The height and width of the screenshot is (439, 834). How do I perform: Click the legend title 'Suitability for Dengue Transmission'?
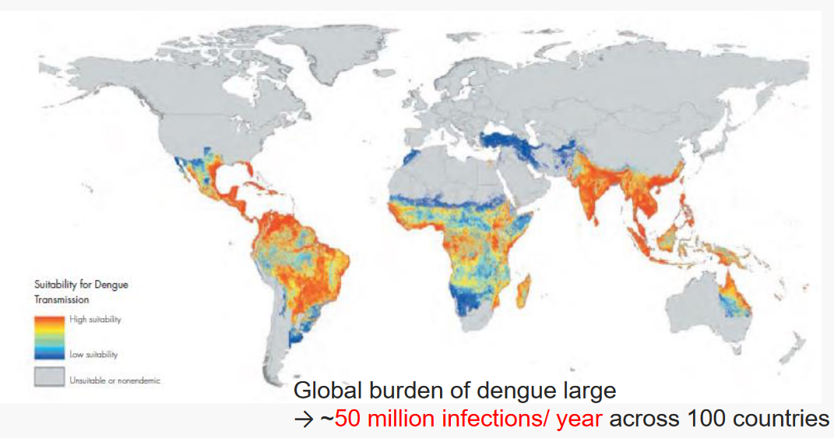81,292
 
